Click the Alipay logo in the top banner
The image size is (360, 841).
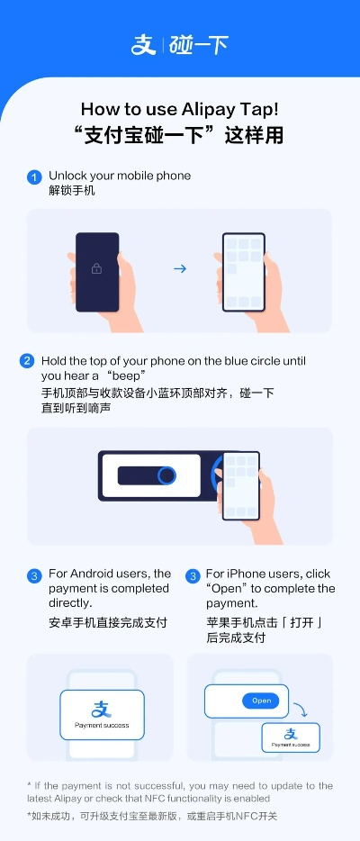tap(144, 44)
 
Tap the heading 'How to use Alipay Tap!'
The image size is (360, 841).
tap(180, 109)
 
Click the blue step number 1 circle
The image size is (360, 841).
tap(34, 176)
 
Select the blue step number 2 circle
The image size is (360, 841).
tap(27, 361)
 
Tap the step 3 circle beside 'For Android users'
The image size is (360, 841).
tap(34, 575)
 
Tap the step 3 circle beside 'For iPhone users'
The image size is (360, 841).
tap(193, 575)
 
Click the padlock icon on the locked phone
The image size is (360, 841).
tap(97, 268)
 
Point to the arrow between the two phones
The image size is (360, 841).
tap(180, 268)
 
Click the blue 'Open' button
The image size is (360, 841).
tap(261, 701)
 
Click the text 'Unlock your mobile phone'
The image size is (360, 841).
tap(120, 176)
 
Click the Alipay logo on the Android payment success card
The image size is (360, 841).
tap(102, 710)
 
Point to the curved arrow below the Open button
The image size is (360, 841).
tap(301, 711)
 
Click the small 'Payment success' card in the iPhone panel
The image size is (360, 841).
tap(291, 737)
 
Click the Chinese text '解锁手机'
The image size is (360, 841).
tap(72, 191)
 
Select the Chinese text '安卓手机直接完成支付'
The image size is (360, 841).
tap(108, 622)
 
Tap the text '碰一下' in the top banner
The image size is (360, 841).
tap(199, 44)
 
